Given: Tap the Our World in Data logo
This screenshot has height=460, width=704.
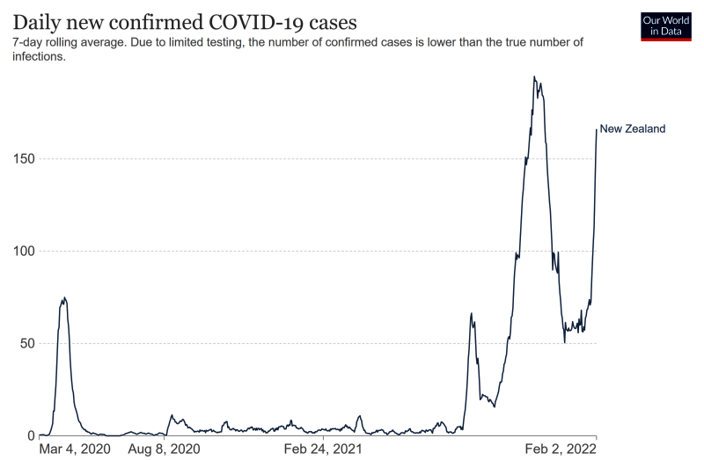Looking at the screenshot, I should pos(666,26).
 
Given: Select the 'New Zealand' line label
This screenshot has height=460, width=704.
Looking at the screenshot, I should pos(632,128).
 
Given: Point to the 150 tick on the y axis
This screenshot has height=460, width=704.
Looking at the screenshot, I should pos(24,159).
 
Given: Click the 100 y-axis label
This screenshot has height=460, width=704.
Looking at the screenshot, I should pos(24,252).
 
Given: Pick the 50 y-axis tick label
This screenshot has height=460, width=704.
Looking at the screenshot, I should pos(26,344).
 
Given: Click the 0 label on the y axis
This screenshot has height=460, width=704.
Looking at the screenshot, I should pos(30,435).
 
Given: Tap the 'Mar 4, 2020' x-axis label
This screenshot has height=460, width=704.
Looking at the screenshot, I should pos(76,449).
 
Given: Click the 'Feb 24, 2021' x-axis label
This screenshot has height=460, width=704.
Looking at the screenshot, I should pos(323,449).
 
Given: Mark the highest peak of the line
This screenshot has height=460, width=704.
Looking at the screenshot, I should pos(534,77).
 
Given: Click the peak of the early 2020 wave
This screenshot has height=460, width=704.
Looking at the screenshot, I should pos(64,298).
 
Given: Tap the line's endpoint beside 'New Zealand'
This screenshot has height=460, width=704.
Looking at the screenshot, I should pos(596,129).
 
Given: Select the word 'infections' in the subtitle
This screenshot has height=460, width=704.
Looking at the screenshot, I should pos(38,56).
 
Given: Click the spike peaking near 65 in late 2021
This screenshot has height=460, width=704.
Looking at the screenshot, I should pos(472,313).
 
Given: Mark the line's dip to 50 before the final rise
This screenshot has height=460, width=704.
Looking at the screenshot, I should pos(564,342).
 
